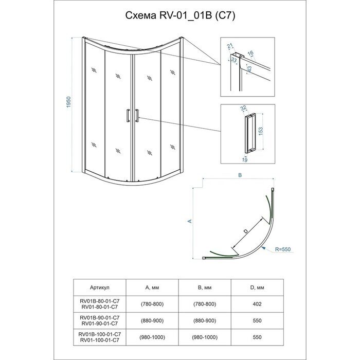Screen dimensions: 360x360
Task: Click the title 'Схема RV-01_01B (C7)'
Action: coord(180,15)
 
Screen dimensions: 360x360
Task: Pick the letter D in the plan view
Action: coord(246,232)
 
